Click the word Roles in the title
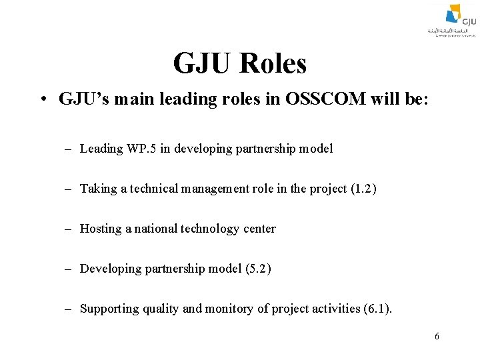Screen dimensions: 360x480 [x=275, y=64]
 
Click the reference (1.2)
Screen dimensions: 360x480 [x=363, y=189]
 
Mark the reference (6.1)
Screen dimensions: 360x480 [x=379, y=309]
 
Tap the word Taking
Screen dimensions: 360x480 [x=98, y=189]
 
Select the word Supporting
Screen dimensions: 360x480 [x=108, y=309]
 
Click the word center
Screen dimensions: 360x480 [x=259, y=229]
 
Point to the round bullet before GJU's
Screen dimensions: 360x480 [x=42, y=100]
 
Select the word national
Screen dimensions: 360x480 [x=156, y=229]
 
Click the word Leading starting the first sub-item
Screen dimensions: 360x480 [x=101, y=149]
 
